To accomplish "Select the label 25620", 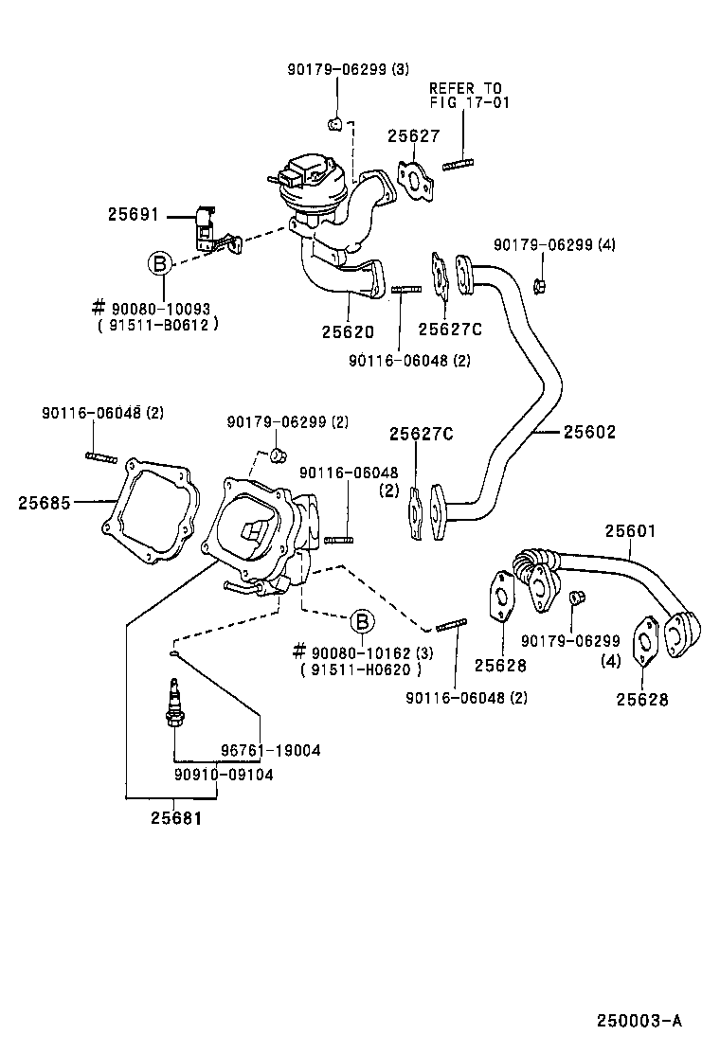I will [x=347, y=332].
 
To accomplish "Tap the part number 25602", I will [x=589, y=432].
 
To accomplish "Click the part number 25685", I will [x=44, y=502].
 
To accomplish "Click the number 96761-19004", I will [x=271, y=750].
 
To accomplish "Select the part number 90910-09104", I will [x=224, y=774].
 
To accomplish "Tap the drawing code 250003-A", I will [x=639, y=1020].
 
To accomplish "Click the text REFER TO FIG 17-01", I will [x=469, y=95].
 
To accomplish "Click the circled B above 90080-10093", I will [x=161, y=262].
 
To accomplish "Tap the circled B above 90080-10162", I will [x=362, y=621].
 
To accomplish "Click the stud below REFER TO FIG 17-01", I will [x=456, y=170].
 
